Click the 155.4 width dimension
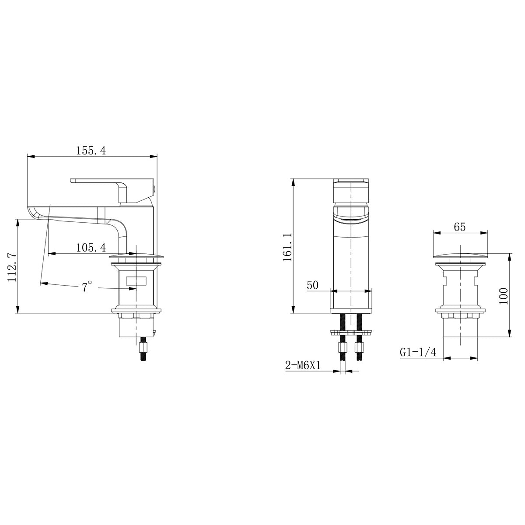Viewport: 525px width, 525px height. click(91, 150)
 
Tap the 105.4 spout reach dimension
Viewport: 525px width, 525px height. click(91, 248)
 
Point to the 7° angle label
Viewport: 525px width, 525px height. click(87, 287)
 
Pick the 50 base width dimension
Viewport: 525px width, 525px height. click(312, 285)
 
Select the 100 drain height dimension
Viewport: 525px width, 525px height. click(504, 296)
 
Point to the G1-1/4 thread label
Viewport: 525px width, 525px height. click(418, 352)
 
